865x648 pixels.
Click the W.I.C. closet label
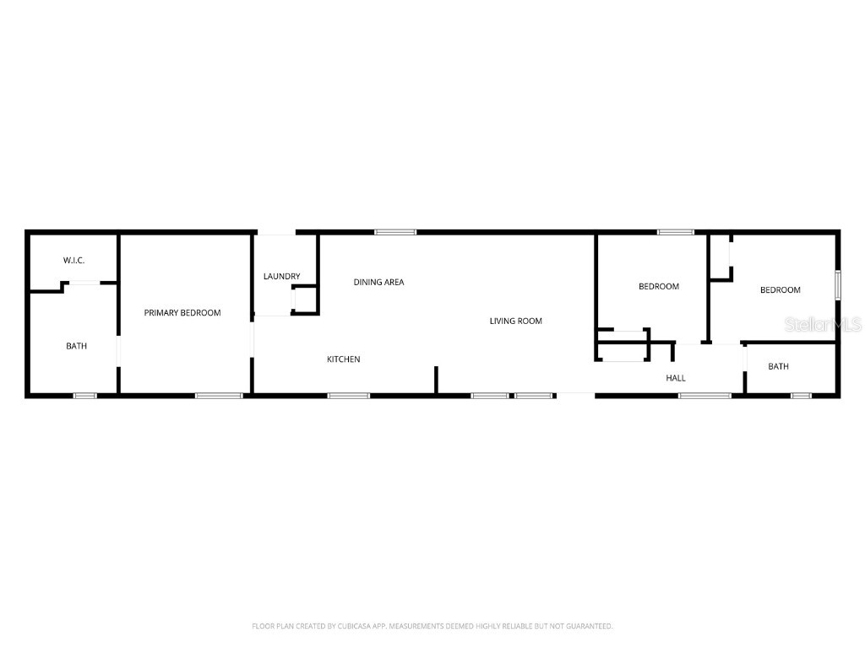click(73, 261)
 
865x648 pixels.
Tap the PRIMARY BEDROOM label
click(182, 313)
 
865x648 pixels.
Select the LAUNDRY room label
click(281, 277)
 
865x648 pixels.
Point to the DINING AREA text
click(378, 283)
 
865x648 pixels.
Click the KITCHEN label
click(344, 360)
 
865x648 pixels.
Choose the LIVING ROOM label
click(516, 321)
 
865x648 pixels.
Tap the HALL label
click(676, 379)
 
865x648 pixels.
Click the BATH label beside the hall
click(778, 367)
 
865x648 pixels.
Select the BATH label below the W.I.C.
click(77, 347)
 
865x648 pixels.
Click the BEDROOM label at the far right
click(780, 290)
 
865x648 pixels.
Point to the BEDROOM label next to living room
click(658, 287)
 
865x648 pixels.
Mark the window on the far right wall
click(838, 284)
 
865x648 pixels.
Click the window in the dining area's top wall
click(395, 232)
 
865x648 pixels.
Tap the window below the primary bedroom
click(219, 395)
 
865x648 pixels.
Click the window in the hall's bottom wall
click(705, 395)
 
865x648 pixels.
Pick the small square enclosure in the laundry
click(304, 300)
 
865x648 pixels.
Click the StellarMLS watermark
click(823, 324)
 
